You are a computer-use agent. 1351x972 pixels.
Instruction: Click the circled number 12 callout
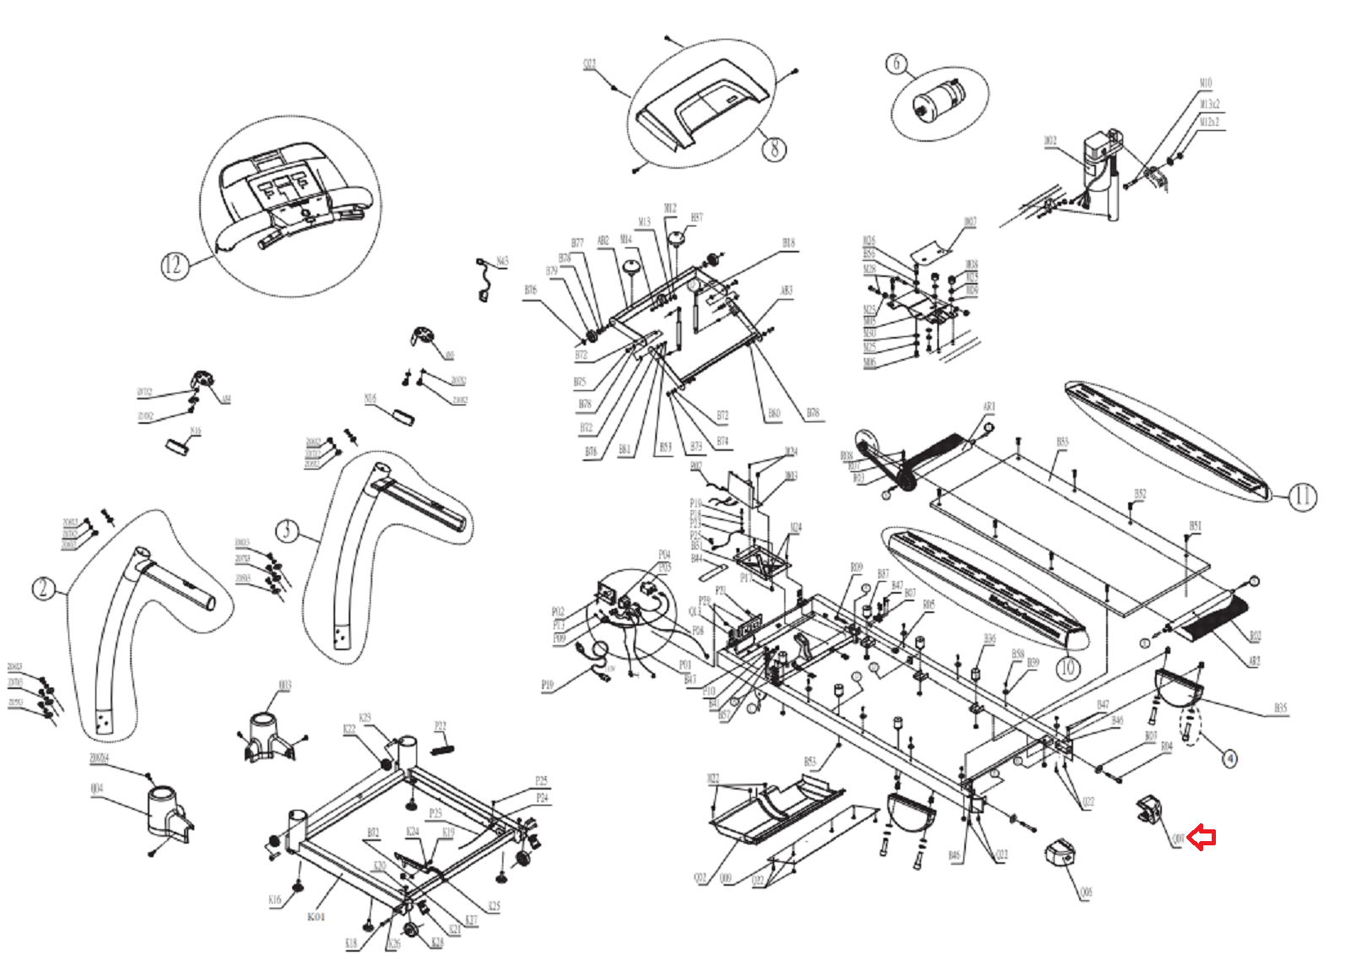click(x=172, y=266)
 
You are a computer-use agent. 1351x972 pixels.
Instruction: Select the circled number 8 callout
click(x=774, y=149)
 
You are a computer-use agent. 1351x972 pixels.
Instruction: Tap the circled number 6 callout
click(x=897, y=63)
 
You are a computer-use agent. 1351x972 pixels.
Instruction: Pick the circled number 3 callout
click(x=287, y=530)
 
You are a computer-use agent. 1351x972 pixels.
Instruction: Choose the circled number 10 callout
click(x=1068, y=668)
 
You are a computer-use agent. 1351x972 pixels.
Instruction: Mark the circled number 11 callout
click(x=1302, y=497)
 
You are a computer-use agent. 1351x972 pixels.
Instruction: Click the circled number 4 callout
click(x=1230, y=758)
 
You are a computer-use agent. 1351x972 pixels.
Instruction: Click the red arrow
click(x=1202, y=838)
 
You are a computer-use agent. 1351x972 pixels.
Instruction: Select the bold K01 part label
click(x=316, y=916)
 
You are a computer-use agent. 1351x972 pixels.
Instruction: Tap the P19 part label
click(x=547, y=685)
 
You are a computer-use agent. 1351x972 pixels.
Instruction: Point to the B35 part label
click(x=1280, y=708)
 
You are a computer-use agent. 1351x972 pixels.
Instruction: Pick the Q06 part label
click(x=1086, y=892)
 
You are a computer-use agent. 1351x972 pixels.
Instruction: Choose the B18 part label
click(x=788, y=242)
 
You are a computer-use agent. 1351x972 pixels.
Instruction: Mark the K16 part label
click(x=274, y=899)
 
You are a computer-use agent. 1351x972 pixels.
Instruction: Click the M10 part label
click(x=1205, y=83)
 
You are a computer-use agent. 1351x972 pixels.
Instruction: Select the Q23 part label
click(x=589, y=64)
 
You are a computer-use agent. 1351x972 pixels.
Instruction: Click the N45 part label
click(x=502, y=262)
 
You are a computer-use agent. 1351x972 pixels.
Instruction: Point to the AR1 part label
click(x=989, y=406)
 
